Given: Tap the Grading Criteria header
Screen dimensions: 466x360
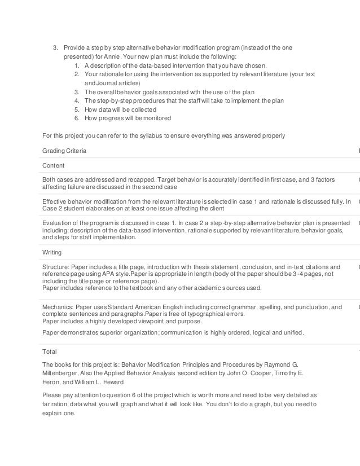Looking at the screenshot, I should [x=64, y=151].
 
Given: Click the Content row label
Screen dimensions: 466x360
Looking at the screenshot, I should [x=54, y=166].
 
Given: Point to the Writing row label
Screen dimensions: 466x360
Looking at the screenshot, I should [x=52, y=252].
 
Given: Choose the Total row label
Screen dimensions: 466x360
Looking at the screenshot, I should [x=50, y=350].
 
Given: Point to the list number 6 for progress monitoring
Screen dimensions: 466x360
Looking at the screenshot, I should [x=76, y=118].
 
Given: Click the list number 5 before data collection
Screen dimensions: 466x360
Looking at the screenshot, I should [x=76, y=109].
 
